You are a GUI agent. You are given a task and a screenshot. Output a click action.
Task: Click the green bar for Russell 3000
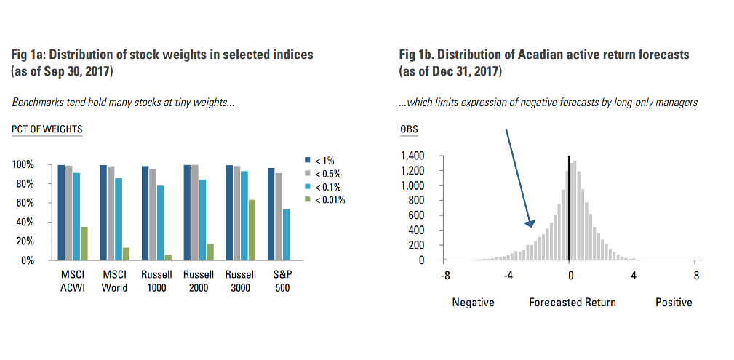coord(252,230)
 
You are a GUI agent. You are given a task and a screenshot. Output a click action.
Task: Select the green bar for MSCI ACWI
coord(84,244)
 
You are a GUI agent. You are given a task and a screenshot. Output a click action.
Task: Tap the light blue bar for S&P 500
coord(286,235)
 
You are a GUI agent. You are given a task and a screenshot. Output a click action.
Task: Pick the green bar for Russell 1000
coord(168,257)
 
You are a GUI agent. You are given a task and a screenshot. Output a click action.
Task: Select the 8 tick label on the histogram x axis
coord(696,276)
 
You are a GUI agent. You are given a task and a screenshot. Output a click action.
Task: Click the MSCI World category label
coord(114,281)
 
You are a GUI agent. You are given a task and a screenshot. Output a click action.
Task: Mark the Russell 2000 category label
coord(199,281)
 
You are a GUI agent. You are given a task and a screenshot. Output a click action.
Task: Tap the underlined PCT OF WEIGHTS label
coord(47,130)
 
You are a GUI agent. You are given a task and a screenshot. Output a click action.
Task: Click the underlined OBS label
coord(410,130)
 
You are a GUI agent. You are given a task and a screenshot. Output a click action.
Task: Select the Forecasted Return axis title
coord(572,303)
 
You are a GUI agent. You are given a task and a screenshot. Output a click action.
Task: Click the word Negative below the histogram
coord(473,303)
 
